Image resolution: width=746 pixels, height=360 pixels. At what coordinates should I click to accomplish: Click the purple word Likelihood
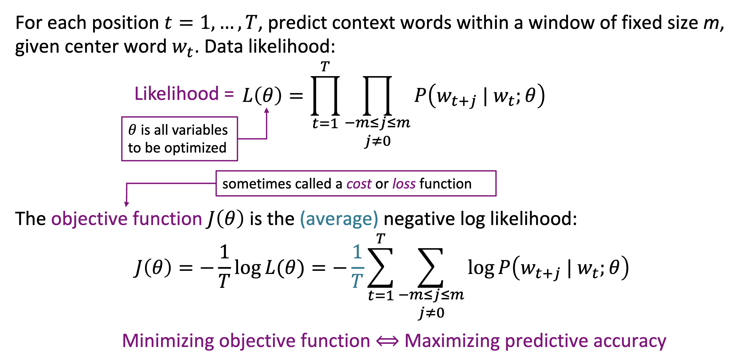click(x=176, y=94)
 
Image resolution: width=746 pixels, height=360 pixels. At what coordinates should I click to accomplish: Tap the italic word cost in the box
click(x=359, y=184)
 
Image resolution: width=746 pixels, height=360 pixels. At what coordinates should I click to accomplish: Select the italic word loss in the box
click(x=404, y=184)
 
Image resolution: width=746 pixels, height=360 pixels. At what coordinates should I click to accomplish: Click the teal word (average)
click(x=339, y=219)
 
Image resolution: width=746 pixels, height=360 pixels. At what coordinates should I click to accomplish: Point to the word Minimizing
click(x=168, y=340)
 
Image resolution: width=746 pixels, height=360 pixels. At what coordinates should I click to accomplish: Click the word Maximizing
click(x=451, y=340)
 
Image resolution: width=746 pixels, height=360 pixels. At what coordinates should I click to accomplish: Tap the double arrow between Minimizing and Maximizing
click(x=387, y=341)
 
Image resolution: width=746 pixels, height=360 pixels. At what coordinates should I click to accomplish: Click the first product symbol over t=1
click(x=325, y=96)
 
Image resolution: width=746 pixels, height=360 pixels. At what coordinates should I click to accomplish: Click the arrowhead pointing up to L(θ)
click(x=267, y=110)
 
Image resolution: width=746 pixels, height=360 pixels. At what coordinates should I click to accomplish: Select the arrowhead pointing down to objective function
click(x=126, y=204)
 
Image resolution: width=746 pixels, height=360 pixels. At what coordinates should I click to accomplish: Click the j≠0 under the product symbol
click(x=378, y=141)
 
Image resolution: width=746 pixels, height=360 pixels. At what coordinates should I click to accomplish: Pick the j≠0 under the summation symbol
click(x=431, y=313)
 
